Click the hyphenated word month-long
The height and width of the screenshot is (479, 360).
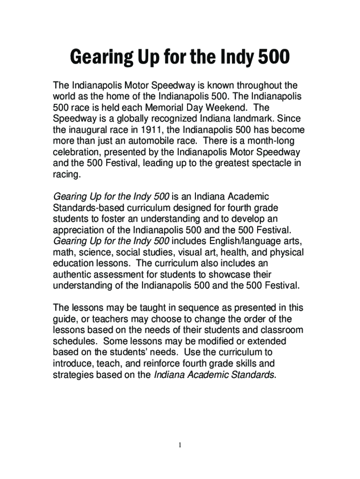[x=272, y=140]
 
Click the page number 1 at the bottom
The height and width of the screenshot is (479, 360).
[x=180, y=444]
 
